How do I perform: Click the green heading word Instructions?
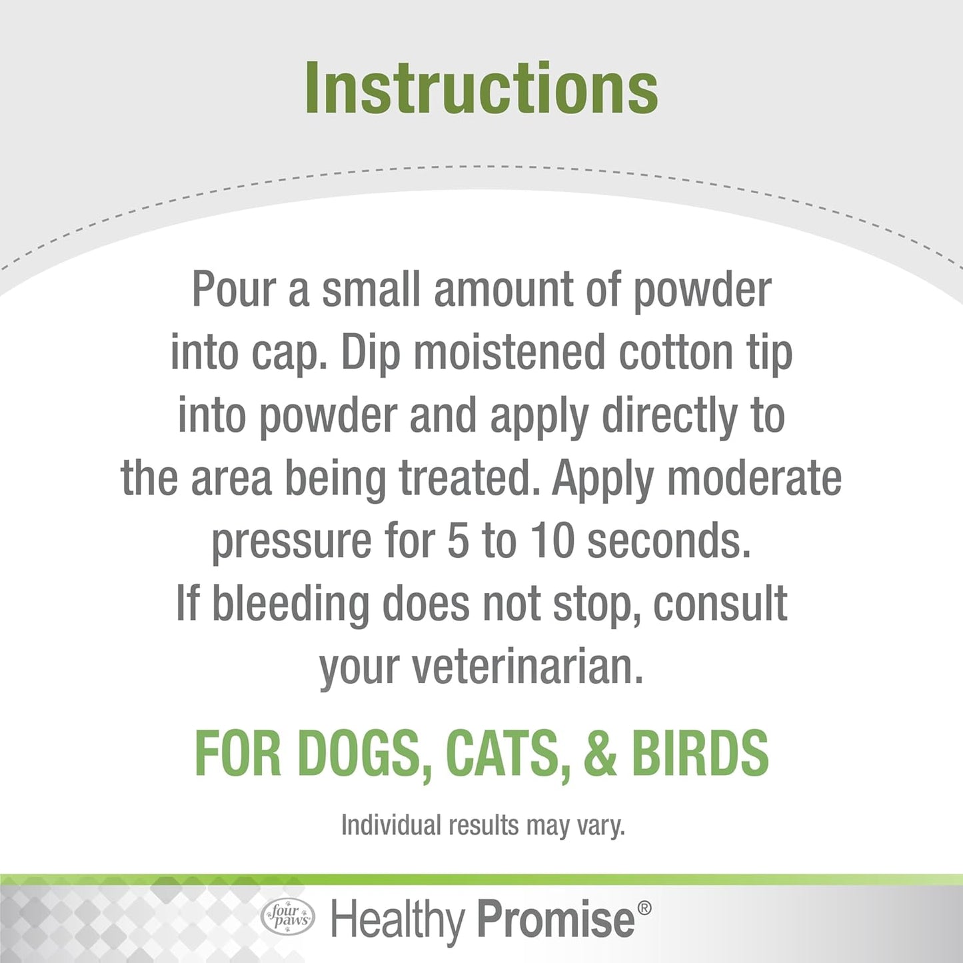coord(481,89)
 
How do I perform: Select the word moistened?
coord(508,353)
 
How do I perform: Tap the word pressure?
coord(291,541)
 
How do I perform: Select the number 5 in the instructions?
coord(458,541)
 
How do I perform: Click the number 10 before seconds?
coord(552,541)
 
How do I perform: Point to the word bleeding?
coord(290,604)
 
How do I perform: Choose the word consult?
coord(720,604)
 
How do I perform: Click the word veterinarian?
coord(527,666)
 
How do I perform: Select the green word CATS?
coord(508,753)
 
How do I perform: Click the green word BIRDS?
coord(700,753)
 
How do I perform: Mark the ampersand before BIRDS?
coord(600,753)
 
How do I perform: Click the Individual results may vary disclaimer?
coord(482,825)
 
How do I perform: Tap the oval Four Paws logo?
coord(288,917)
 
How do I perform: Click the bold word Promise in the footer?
coord(556,920)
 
